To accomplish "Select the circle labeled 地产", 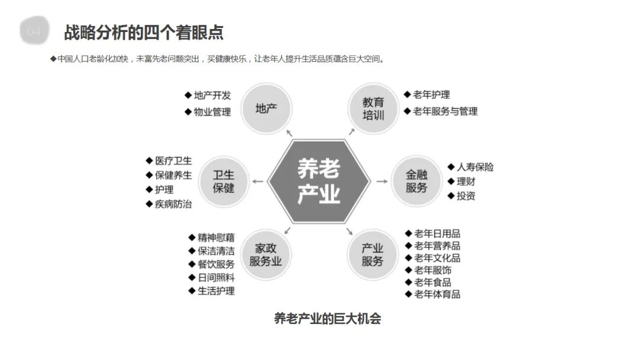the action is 266,109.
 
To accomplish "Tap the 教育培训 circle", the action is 373,109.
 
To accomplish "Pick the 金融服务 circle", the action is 417,181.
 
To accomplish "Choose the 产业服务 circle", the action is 373,255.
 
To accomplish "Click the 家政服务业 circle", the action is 266,255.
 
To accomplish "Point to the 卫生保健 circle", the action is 223,181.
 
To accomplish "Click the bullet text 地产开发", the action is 212,95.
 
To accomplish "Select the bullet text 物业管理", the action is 212,111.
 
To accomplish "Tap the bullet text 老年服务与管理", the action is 445,111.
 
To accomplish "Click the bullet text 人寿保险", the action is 475,167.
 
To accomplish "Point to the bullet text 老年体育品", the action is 437,294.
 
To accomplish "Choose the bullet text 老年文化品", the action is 437,258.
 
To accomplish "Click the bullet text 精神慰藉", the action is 216,237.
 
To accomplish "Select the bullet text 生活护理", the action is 216,291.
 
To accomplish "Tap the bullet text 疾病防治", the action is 173,204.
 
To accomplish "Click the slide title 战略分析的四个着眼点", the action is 143,32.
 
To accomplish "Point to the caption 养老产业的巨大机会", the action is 327,319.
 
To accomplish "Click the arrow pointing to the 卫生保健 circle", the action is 258,181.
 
